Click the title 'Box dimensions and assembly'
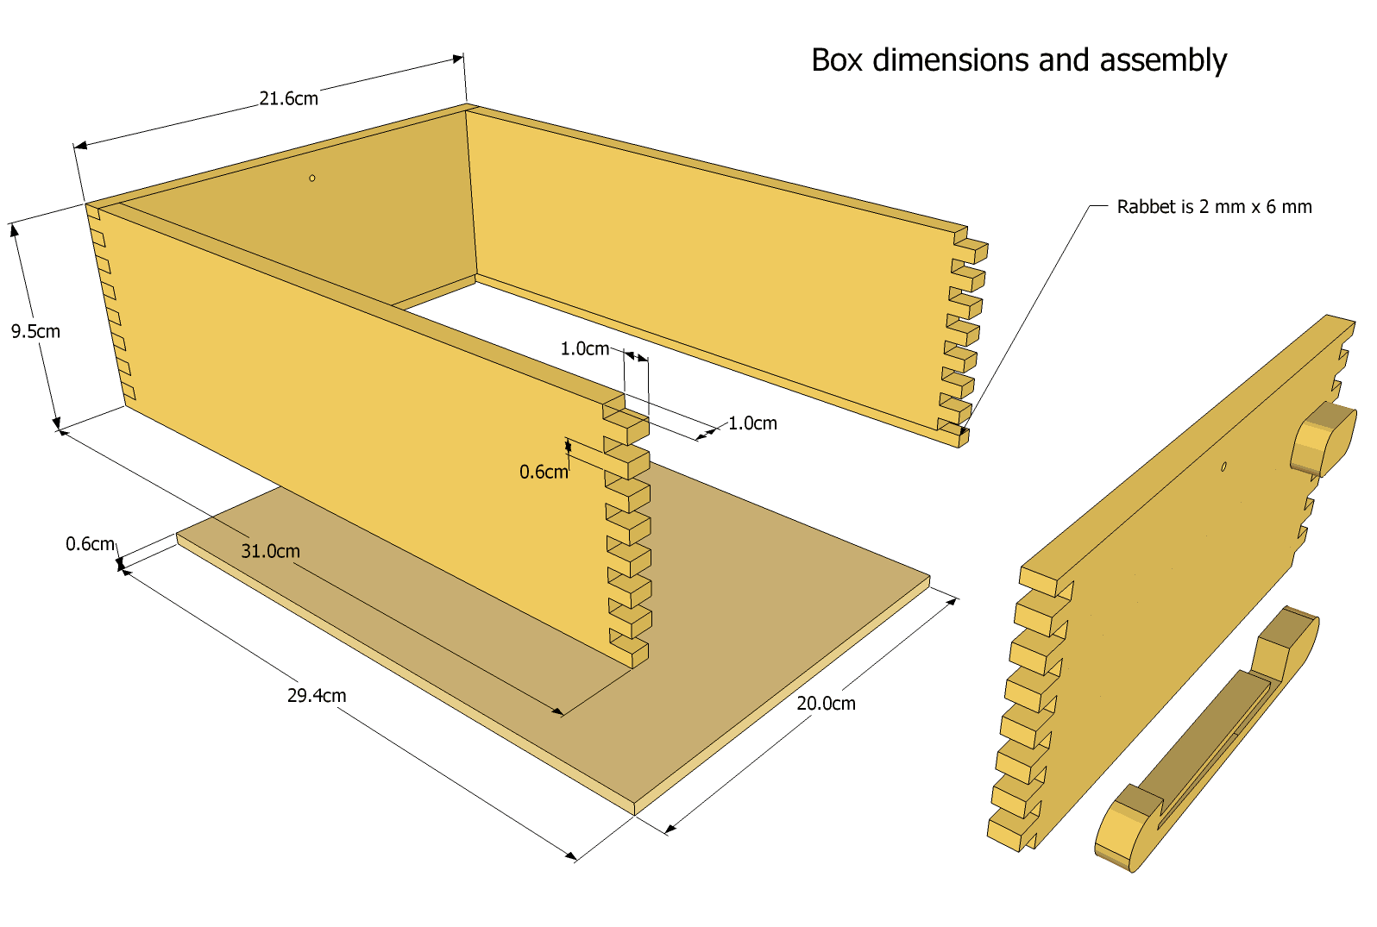(1019, 61)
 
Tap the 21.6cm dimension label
(288, 98)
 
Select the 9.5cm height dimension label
(35, 332)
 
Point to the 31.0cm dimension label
(271, 551)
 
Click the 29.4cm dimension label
(317, 695)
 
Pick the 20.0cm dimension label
(827, 704)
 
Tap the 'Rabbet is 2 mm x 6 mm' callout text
(1214, 207)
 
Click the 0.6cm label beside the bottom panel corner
(91, 543)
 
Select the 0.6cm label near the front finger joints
(544, 472)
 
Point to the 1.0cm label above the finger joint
(585, 349)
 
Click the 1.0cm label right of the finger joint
(753, 423)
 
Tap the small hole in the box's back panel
(312, 179)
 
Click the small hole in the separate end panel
(1223, 467)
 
